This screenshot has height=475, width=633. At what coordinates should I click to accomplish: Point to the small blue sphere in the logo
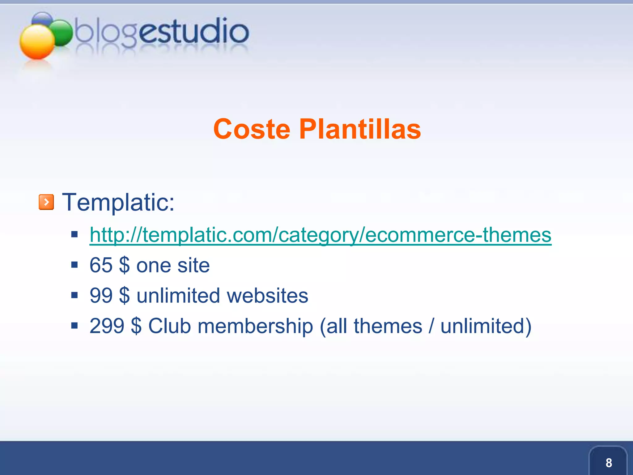42,19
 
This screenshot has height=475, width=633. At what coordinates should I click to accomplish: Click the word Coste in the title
252,129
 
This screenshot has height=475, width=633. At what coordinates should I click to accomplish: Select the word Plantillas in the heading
360,129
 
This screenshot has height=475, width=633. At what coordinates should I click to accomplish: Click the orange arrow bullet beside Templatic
46,202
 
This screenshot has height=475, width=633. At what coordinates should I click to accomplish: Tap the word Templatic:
118,202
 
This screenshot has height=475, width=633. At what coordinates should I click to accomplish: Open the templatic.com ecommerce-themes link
320,235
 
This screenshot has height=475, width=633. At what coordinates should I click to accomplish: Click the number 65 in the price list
101,265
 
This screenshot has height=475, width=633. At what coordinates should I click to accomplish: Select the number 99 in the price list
101,296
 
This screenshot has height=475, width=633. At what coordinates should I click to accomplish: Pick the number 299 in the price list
107,326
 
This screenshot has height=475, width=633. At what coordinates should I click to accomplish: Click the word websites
267,296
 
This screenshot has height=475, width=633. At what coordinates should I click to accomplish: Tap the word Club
169,326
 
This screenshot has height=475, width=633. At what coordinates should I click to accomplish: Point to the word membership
255,327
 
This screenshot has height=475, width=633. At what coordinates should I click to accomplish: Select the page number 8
609,463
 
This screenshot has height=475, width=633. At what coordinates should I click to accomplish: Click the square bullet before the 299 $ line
74,326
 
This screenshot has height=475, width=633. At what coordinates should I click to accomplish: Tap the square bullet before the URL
74,234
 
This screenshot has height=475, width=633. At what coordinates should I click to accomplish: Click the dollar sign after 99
124,296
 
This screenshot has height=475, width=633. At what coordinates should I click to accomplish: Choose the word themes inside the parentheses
388,326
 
